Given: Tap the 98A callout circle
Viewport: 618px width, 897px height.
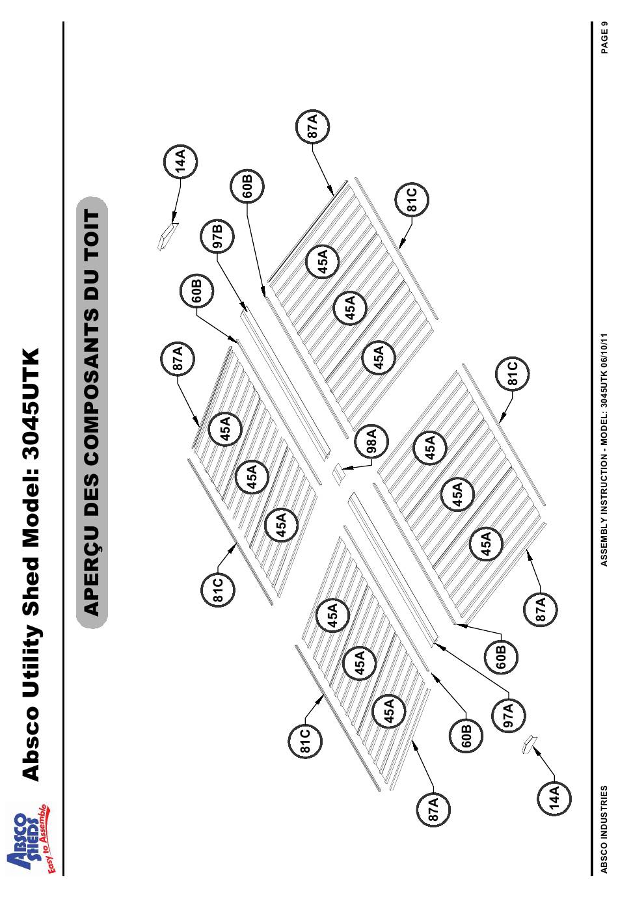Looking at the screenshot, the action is (x=371, y=440).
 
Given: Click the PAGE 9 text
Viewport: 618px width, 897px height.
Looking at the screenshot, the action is (x=604, y=39).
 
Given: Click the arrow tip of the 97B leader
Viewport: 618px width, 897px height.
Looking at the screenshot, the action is (x=246, y=310).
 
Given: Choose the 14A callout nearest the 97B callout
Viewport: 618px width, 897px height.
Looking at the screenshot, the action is (x=181, y=161).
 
